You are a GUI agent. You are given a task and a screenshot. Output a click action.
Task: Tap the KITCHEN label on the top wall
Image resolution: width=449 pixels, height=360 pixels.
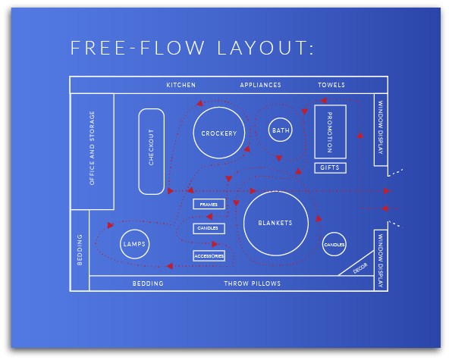pos(181,85)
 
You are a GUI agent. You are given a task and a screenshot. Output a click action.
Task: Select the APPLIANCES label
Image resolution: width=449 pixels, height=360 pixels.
pos(260,85)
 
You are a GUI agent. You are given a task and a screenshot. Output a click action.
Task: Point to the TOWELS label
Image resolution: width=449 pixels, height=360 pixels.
pos(331,85)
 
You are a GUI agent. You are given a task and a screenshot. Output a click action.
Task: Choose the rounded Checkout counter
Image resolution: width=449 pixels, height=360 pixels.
pos(151,150)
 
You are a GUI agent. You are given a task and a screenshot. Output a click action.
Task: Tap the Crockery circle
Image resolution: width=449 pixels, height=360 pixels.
pos(218,133)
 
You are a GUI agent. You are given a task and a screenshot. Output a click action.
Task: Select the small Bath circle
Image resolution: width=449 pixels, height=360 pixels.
pos(281,130)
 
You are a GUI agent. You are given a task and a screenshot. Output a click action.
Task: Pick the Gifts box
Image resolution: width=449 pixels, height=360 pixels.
pos(330,167)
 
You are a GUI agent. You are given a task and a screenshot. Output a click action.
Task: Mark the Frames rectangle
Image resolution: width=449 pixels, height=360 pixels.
pos(209,204)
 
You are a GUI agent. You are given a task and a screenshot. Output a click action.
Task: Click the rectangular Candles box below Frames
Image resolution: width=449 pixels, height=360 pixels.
pos(209,228)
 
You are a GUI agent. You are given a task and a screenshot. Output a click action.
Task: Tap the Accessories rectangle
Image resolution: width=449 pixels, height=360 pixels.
pos(209,256)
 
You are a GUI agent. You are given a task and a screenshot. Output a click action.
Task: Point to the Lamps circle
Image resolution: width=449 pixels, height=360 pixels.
pos(134,244)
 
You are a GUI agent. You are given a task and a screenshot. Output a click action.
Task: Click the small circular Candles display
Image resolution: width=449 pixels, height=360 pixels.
pos(334,245)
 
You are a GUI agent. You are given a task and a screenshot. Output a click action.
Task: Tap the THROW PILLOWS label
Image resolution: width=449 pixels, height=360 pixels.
pos(252,283)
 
